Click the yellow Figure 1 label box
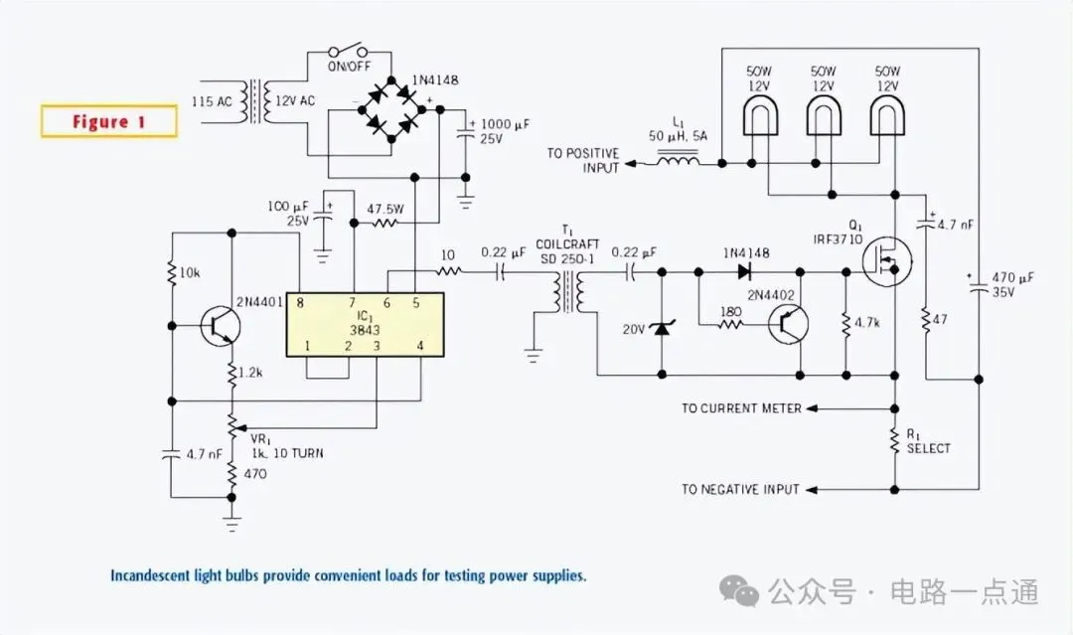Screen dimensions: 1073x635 coord(109,122)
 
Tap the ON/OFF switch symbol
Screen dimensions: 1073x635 coord(348,51)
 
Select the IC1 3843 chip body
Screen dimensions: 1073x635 coord(365,324)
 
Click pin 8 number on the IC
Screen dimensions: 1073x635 coord(300,302)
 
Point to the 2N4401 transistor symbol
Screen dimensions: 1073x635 coord(221,326)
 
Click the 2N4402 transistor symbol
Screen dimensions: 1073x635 coord(788,324)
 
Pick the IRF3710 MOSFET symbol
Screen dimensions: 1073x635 coord(887,260)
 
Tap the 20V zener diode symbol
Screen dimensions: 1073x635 coord(662,329)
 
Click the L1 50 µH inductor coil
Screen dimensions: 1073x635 coord(679,161)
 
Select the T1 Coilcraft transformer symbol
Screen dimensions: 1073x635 coord(567,292)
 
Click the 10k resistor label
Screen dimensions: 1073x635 coord(190,273)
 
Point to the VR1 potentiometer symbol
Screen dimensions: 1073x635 coord(231,425)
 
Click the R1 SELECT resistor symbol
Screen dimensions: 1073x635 coord(894,440)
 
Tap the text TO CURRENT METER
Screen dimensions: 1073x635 coord(741,408)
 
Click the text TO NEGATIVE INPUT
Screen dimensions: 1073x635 coord(740,489)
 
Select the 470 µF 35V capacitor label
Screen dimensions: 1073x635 coord(1012,284)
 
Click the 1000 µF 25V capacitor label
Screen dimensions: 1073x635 coord(505,131)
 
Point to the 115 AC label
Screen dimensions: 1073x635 coord(212,102)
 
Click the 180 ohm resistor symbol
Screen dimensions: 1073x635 coord(731,324)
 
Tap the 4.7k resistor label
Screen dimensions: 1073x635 coord(867,322)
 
